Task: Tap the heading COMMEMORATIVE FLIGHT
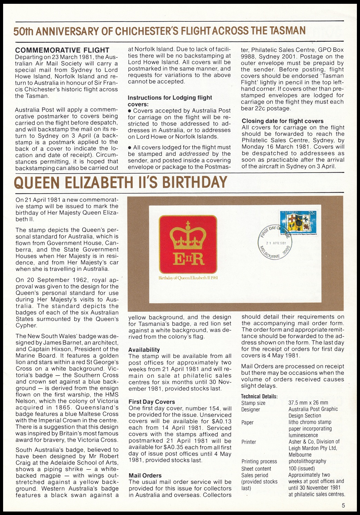(62, 50)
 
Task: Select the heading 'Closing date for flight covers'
(282, 121)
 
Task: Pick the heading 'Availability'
(144, 350)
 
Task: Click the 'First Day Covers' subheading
(152, 402)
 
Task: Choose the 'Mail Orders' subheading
(145, 475)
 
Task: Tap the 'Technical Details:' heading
(259, 396)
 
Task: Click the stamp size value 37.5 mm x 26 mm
(308, 403)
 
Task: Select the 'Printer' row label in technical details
(249, 442)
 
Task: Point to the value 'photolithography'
(307, 461)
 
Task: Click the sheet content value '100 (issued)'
(302, 468)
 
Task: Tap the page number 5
(343, 506)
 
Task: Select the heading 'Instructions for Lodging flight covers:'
(170, 101)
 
